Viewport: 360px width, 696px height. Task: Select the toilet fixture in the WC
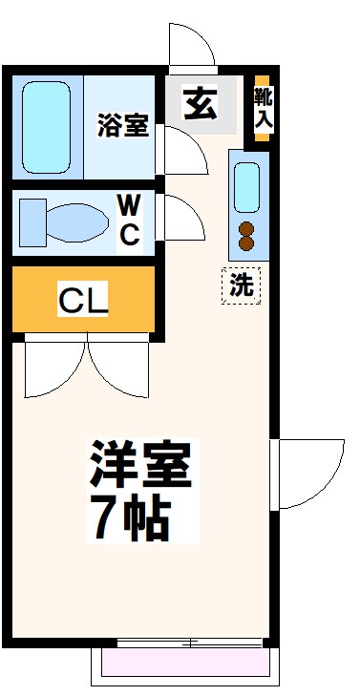point(63,221)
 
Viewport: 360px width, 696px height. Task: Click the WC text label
point(130,221)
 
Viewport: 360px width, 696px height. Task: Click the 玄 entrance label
point(201,103)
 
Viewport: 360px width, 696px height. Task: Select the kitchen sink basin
point(247,187)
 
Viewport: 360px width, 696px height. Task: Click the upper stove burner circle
point(247,227)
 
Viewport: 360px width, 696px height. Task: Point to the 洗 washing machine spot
point(242,285)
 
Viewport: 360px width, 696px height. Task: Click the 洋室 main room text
point(142,465)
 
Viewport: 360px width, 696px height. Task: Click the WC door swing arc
point(181,218)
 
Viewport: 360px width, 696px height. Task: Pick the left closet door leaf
point(53,368)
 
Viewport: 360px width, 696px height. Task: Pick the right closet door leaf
point(119,368)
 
